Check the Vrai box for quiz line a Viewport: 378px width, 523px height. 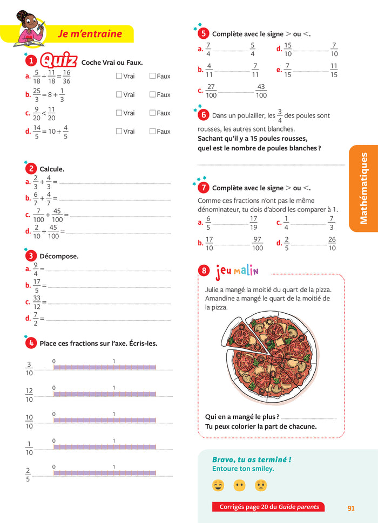[119, 76]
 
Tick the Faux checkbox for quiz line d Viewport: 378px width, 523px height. [152, 131]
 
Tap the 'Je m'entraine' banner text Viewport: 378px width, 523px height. [90, 34]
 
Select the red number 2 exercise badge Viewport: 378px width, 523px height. [32, 169]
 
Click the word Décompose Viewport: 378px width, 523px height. [59, 256]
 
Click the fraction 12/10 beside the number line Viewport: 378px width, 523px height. [29, 395]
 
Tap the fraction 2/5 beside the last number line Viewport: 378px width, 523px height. [29, 474]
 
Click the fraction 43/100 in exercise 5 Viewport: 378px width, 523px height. [261, 91]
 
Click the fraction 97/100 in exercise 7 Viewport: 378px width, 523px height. [258, 244]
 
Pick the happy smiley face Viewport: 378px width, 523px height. [218, 485]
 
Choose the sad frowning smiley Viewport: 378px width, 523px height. [260, 485]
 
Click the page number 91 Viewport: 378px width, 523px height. [351, 508]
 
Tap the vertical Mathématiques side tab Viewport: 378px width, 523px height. [363, 188]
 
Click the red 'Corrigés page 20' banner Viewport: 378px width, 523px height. [269, 507]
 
